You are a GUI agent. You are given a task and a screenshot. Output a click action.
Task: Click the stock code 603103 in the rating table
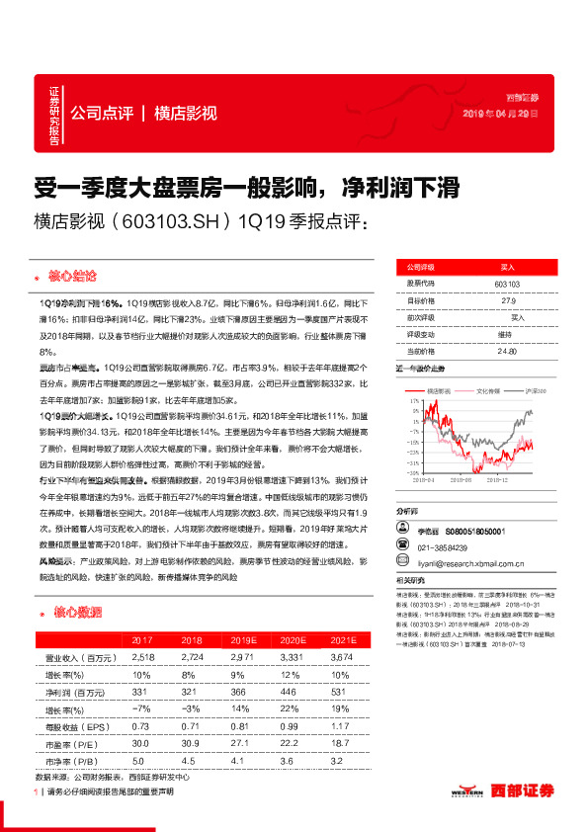coord(507,285)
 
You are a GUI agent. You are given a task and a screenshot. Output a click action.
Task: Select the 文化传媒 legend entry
coord(489,392)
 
